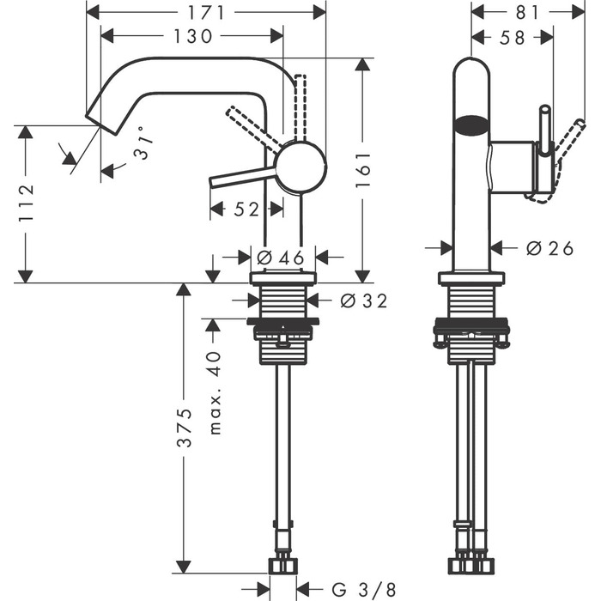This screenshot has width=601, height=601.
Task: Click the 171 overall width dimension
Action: (x=206, y=12)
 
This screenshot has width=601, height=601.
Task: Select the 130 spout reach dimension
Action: (x=192, y=36)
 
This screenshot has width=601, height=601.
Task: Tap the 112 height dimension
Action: (x=27, y=203)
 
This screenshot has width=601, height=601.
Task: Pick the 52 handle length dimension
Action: (x=246, y=209)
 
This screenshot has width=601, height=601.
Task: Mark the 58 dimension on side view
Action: (x=512, y=37)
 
